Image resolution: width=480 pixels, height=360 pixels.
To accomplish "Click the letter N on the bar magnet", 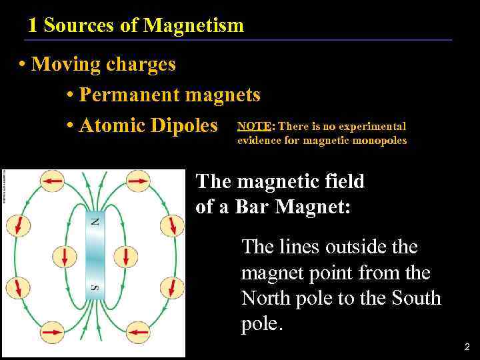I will [x=95, y=221].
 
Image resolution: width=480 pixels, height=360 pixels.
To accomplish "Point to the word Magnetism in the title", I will [x=194, y=26].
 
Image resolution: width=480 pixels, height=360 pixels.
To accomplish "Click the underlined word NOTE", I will [x=254, y=126].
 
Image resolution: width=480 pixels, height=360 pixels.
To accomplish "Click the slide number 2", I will [x=465, y=347].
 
